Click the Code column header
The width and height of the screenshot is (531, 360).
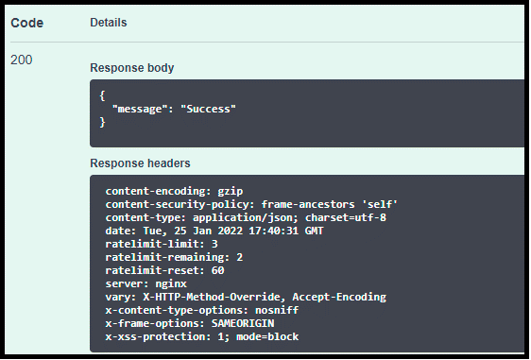pos(27,23)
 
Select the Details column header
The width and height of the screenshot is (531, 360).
pos(109,23)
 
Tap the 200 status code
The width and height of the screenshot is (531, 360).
pos(22,60)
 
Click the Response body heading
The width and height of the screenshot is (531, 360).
pos(132,68)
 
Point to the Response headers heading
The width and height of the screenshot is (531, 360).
pos(140,163)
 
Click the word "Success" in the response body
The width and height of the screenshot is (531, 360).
pos(208,109)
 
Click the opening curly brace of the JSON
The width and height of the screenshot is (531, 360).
pos(102,95)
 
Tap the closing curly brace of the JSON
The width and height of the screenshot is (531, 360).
pos(102,122)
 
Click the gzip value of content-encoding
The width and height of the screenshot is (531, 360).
pos(231,192)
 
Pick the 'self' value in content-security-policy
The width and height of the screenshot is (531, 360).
pos(380,204)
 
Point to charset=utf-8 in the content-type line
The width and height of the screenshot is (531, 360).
pos(346,217)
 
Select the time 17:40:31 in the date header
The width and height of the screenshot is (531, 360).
pos(274,231)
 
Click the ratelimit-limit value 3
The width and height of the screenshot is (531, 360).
pos(214,244)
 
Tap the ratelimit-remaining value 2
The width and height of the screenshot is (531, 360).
pos(240,257)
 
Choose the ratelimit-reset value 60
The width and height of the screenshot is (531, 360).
pos(217,270)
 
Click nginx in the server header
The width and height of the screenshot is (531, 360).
pos(171,283)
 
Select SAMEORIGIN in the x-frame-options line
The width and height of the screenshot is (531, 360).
pos(243,323)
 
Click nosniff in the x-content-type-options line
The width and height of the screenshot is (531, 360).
pos(277,310)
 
